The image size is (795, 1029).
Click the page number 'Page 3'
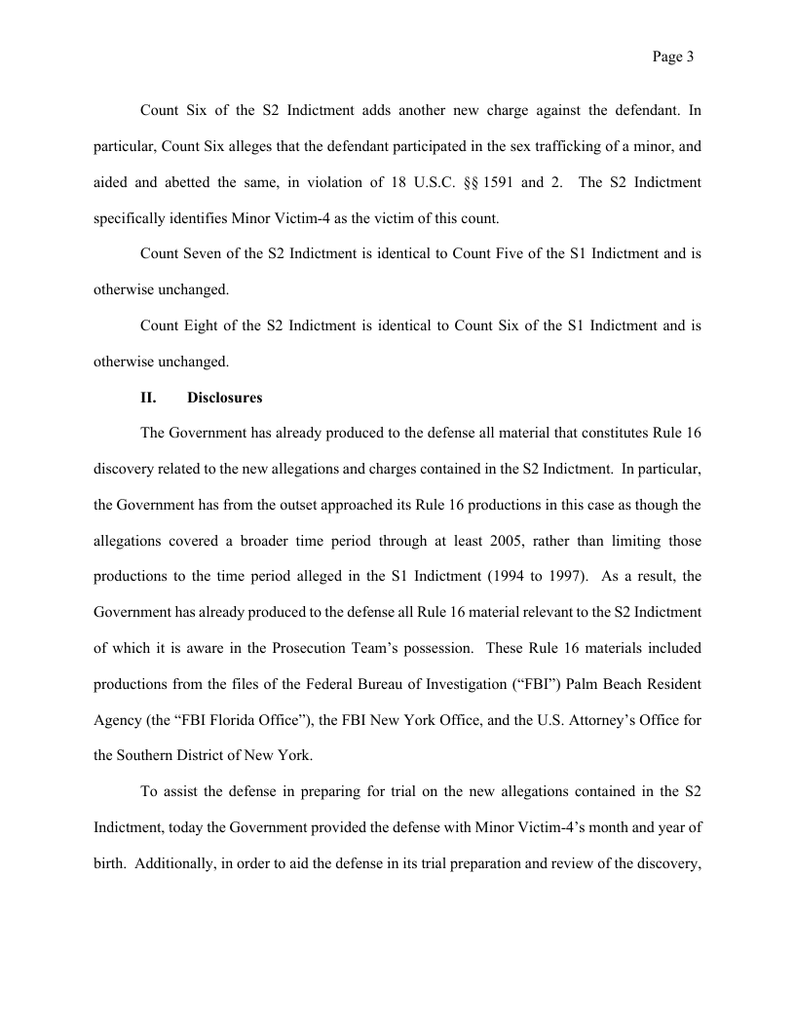pyautogui.click(x=672, y=57)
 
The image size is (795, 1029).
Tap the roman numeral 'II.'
pyautogui.click(x=151, y=399)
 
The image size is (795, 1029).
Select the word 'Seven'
pyautogui.click(x=203, y=254)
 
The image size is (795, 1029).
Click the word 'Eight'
pyautogui.click(x=202, y=326)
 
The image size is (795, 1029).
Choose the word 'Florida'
pyautogui.click(x=243, y=719)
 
